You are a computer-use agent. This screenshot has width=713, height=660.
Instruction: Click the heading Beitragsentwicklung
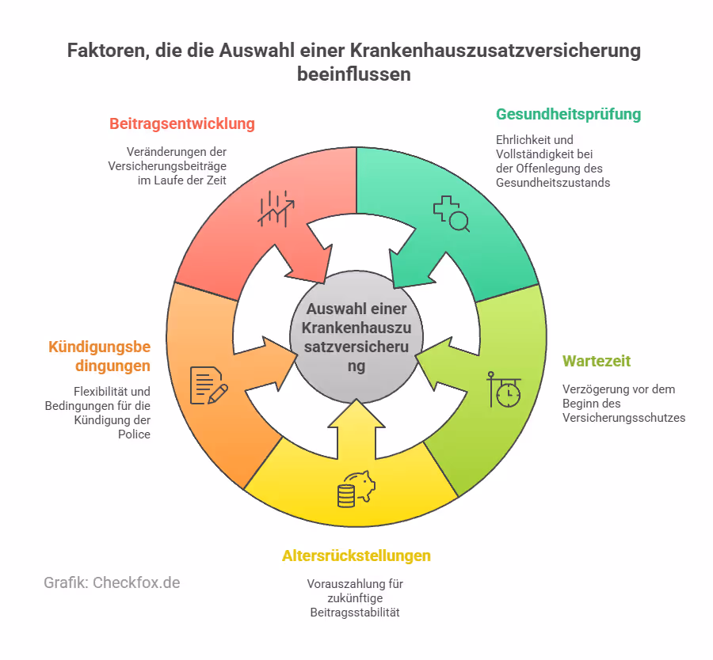point(181,123)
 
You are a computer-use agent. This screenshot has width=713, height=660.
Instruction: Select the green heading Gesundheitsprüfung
point(568,114)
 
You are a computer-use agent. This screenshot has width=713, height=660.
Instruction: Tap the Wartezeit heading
point(596,361)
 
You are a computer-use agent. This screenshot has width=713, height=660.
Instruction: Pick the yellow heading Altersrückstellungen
point(356,556)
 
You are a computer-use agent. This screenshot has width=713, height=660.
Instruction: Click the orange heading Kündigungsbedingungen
point(99,356)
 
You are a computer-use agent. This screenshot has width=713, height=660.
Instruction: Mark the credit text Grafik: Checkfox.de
point(112,582)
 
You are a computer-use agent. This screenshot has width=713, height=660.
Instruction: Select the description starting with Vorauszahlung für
point(356,599)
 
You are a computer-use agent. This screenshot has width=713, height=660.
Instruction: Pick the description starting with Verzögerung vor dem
point(623,404)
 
